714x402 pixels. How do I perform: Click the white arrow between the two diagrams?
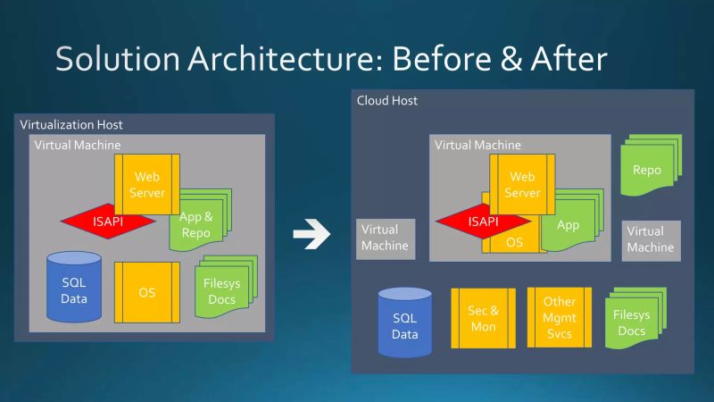[x=311, y=236]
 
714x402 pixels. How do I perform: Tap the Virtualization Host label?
[x=71, y=125]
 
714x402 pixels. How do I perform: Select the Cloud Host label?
[x=387, y=101]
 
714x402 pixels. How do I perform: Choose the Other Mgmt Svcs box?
[x=559, y=318]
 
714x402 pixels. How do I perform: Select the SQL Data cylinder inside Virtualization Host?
[x=74, y=288]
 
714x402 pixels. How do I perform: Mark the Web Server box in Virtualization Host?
[x=147, y=184]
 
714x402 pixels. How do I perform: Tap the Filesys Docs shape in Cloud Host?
[x=632, y=322]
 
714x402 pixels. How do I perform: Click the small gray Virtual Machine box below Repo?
[x=651, y=239]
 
